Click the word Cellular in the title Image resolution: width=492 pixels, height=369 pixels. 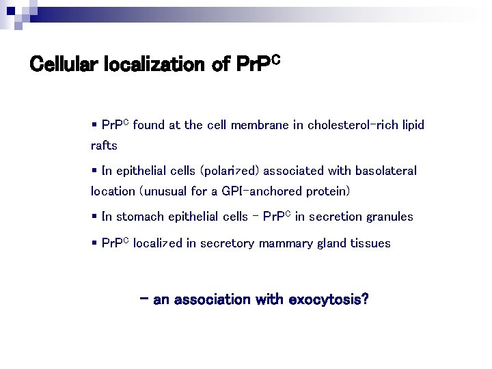[x=66, y=65]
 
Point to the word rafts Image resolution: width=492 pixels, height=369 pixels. [x=104, y=146]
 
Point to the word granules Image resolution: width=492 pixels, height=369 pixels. [x=389, y=217]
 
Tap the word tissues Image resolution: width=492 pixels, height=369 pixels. [x=371, y=243]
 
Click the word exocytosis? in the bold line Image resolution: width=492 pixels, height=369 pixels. [x=328, y=300]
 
